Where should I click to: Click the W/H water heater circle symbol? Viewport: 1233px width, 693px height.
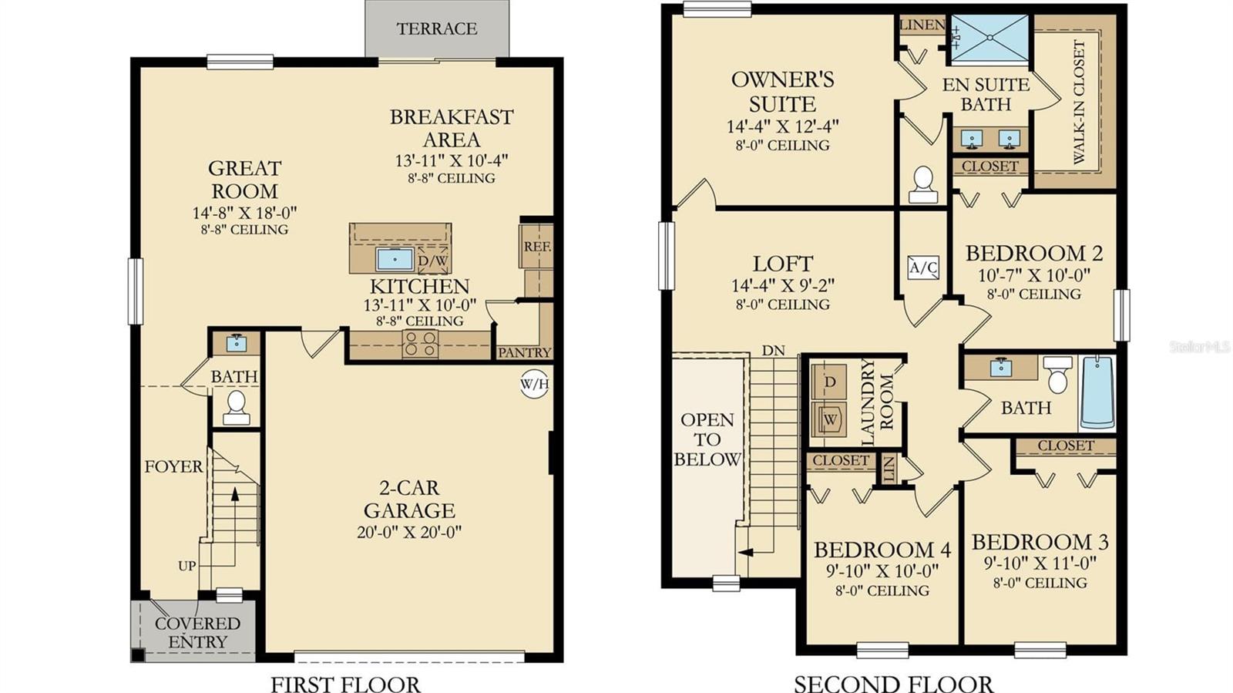[x=534, y=383]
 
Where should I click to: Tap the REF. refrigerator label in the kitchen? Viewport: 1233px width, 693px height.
[x=536, y=247]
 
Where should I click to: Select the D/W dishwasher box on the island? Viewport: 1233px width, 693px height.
[x=433, y=261]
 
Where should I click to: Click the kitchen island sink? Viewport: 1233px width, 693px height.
[x=395, y=259]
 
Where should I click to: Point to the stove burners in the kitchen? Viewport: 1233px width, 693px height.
[x=421, y=344]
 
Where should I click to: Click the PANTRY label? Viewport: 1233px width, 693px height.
[x=524, y=352]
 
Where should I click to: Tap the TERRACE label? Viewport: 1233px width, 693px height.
[x=437, y=29]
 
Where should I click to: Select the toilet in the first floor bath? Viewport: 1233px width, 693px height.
[x=236, y=408]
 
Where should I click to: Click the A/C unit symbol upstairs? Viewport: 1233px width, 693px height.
[x=923, y=267]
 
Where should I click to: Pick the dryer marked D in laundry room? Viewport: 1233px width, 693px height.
[x=829, y=382]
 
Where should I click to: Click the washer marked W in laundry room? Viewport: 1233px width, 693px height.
[x=829, y=420]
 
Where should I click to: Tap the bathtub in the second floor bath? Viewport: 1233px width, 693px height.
[x=1097, y=392]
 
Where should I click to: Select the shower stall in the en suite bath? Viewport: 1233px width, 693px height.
[x=990, y=39]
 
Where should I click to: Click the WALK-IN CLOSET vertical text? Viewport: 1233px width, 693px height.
[x=1078, y=102]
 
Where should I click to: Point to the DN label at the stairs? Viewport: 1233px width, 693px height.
[x=773, y=351]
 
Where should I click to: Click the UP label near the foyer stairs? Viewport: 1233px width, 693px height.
[x=186, y=566]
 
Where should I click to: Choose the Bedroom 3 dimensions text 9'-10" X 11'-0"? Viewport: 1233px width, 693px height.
[x=1040, y=563]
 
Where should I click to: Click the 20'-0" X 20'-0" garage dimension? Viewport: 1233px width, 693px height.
[x=408, y=532]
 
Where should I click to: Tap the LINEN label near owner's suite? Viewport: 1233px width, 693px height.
[x=922, y=25]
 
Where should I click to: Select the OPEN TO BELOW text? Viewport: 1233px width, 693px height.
[x=707, y=439]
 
